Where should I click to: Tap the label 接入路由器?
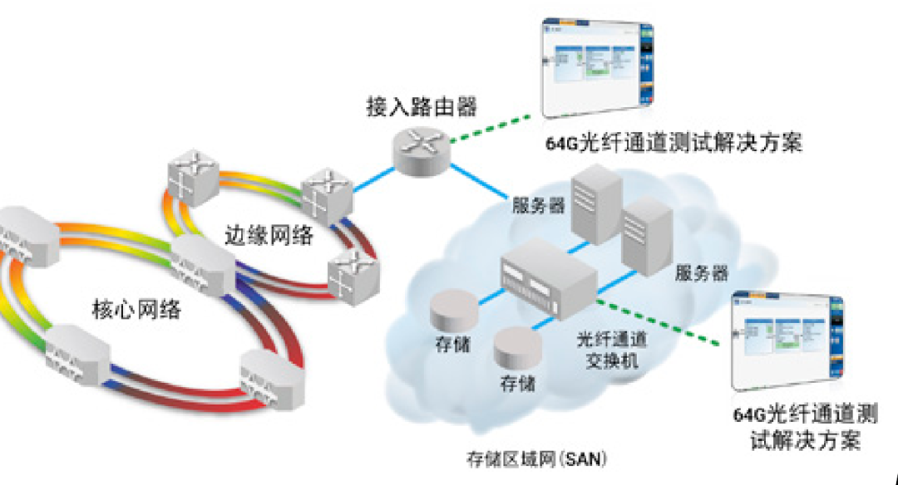point(422,107)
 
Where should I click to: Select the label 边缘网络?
point(269,235)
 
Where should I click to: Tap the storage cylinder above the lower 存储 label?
point(516,350)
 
